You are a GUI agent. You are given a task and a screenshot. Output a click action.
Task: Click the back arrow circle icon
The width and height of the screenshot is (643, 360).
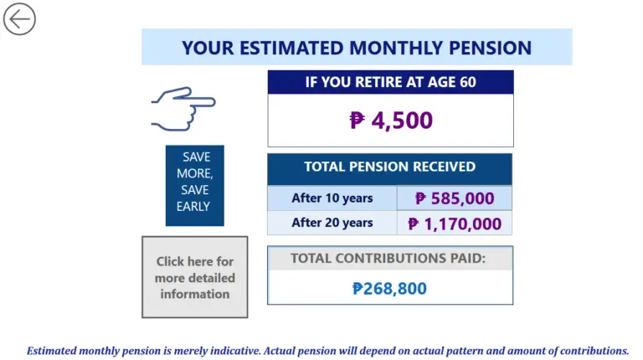coord(19,18)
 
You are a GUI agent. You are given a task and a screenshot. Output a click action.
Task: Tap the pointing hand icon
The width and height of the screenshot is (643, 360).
coord(183,107)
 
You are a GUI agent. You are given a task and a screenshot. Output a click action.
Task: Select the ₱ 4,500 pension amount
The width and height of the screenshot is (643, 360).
coord(391,121)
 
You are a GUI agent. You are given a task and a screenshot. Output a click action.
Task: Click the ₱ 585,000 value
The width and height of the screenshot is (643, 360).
coord(455,198)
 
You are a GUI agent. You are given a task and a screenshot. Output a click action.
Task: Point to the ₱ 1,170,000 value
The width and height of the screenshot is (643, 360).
coord(455,224)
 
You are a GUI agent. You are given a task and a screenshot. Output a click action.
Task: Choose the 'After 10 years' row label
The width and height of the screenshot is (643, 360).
coord(332,198)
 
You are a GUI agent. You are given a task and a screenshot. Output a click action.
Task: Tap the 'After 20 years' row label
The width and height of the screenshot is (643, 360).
coord(332,223)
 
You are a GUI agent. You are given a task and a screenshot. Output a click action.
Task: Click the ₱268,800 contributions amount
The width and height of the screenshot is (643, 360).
coord(389,289)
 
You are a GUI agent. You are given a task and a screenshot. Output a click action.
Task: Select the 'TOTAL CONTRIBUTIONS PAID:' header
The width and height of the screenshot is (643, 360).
coord(389,259)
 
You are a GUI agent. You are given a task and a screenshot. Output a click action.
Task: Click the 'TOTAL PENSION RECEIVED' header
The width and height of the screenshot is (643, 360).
coord(389,167)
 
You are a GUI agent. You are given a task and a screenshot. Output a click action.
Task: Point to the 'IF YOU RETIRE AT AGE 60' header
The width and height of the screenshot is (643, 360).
coord(391,82)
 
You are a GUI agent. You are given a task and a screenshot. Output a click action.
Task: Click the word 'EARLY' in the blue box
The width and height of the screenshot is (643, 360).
coord(193,206)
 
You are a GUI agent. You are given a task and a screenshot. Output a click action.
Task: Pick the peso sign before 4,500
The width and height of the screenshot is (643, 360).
coord(358,121)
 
